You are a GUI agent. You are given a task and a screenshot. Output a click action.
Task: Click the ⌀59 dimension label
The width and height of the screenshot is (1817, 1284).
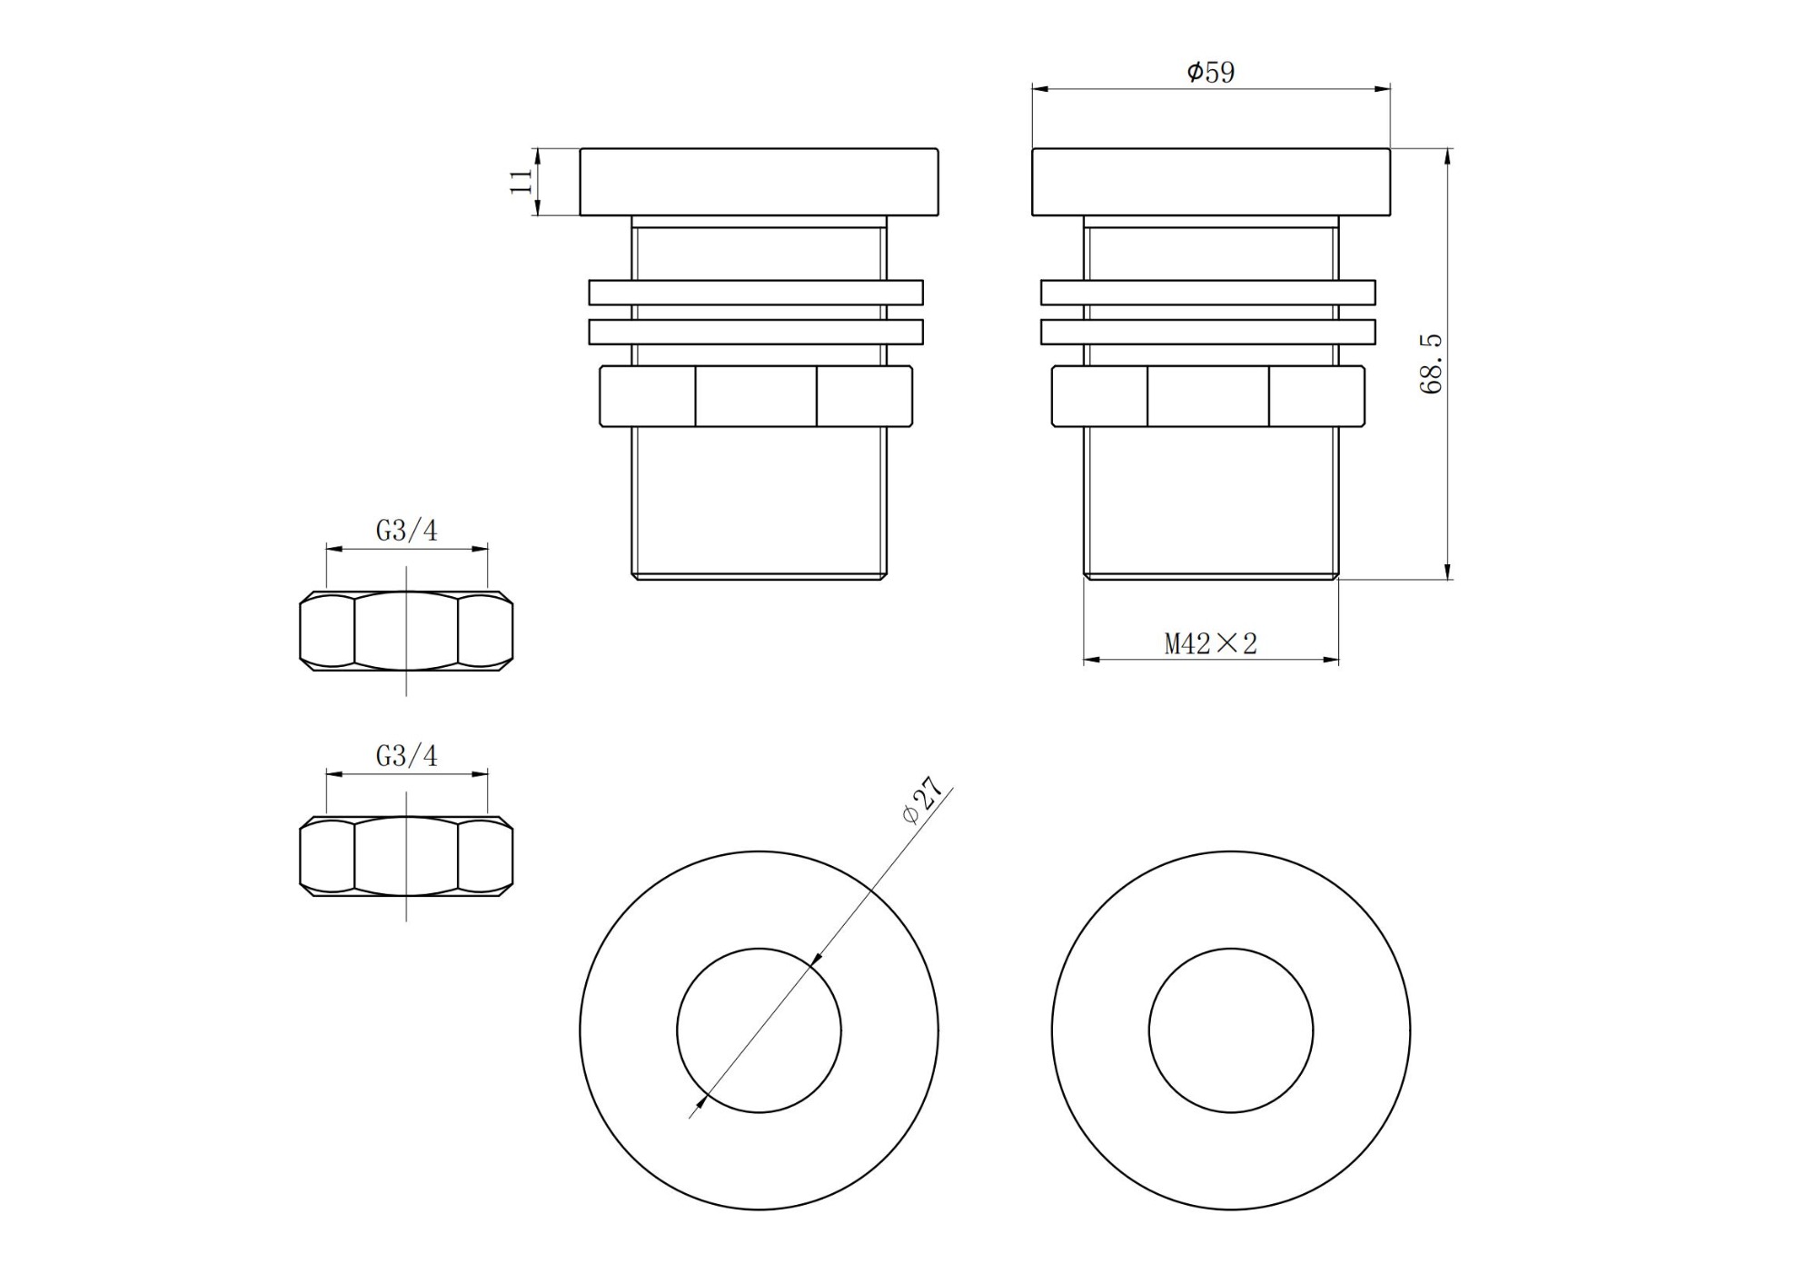1211,72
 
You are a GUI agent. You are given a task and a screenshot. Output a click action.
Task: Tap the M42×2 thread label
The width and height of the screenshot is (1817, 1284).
1211,644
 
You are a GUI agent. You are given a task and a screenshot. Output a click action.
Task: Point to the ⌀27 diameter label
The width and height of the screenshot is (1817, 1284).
924,801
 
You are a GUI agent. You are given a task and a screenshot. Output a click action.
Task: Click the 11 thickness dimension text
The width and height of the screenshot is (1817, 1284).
521,181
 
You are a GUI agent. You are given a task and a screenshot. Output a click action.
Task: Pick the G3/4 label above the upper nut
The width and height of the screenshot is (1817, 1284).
407,531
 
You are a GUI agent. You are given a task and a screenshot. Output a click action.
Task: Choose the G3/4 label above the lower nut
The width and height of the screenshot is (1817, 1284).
407,756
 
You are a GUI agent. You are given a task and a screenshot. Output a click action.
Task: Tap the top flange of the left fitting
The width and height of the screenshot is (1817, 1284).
760,182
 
